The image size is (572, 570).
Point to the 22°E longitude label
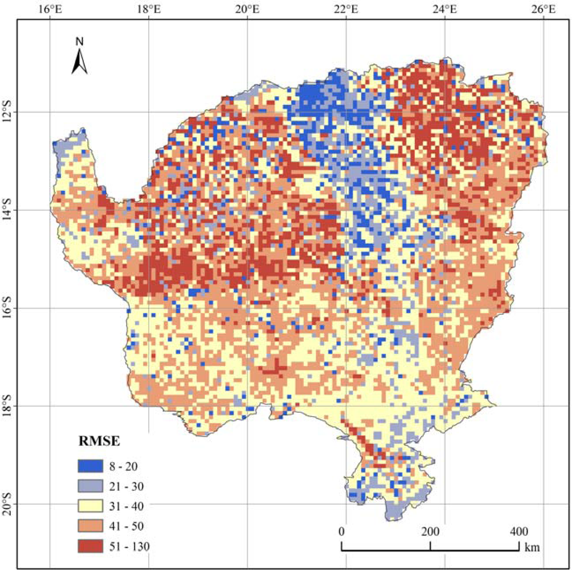[x=347, y=10]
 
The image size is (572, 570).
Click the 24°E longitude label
[x=445, y=10]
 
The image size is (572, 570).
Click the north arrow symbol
[x=79, y=61]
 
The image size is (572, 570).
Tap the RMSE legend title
[x=99, y=442]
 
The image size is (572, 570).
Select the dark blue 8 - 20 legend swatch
[x=90, y=466]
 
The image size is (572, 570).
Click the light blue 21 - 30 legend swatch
[x=90, y=486]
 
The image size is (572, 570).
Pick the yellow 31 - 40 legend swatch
[x=90, y=506]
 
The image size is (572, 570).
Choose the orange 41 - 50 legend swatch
[x=90, y=526]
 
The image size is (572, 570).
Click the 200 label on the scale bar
[x=430, y=532]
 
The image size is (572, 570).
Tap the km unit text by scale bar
[x=532, y=547]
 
